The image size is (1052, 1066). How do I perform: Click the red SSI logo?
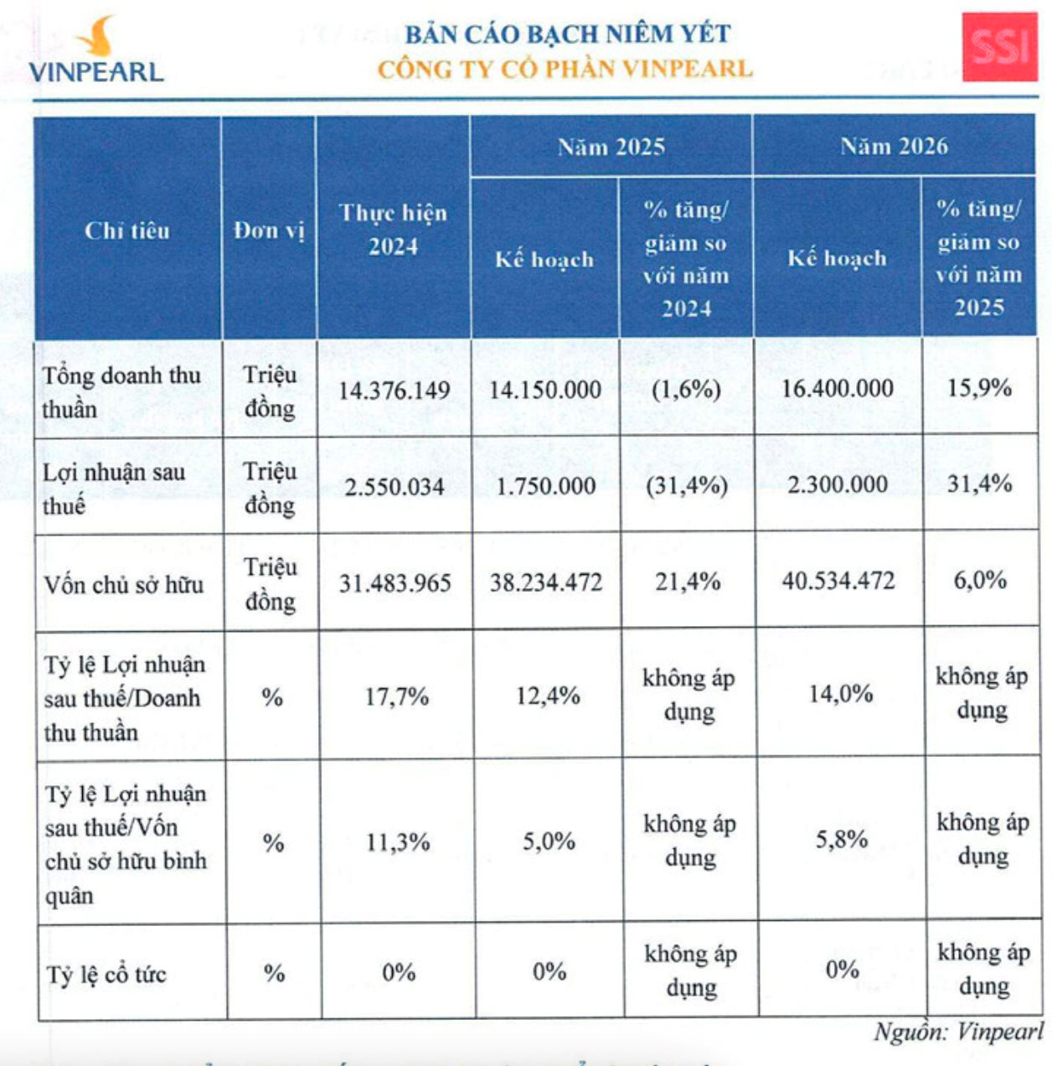999,46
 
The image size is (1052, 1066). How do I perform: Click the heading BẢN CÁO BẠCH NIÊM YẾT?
567,34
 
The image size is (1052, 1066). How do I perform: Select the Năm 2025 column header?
611,147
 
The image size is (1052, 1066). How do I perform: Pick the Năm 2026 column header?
894,146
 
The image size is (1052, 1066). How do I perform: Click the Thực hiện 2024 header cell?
393,229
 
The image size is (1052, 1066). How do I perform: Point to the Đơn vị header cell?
269,230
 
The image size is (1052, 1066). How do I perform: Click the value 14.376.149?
394,390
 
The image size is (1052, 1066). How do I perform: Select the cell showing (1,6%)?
686,389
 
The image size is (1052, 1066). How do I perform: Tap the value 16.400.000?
837,388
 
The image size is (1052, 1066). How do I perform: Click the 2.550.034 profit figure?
394,486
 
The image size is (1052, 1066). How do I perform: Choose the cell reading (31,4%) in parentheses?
686,485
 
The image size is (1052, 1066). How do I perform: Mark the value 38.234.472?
546,582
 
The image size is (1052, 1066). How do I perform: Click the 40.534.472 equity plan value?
838,581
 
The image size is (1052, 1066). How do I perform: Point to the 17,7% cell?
396,696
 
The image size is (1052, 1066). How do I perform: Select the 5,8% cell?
841,839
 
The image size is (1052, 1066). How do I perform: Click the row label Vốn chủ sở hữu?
124,584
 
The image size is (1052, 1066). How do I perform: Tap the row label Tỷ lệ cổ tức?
106,975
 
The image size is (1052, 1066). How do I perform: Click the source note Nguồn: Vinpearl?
958,1032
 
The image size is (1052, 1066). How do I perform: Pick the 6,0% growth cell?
979,580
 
